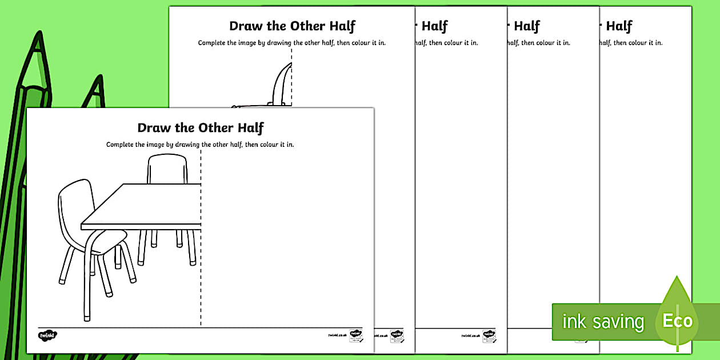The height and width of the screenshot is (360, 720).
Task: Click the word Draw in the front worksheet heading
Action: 151,128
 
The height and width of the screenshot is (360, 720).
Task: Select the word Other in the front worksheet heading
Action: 216,128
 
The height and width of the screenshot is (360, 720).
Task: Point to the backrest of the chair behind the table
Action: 167,169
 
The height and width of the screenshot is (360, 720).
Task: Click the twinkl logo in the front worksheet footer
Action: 48,335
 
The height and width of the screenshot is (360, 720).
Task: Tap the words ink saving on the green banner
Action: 603,322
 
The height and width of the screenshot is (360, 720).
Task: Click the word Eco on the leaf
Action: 678,321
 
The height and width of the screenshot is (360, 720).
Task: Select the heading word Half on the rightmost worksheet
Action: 619,26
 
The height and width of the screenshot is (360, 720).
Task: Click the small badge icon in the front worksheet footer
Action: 355,335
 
